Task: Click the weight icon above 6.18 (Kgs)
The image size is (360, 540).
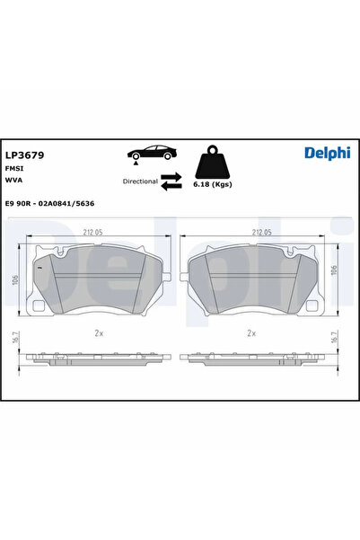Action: [212, 163]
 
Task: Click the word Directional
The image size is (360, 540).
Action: [140, 181]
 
